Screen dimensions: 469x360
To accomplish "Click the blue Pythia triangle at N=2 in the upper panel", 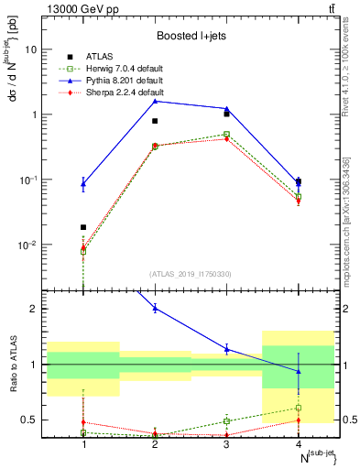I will click(155, 101).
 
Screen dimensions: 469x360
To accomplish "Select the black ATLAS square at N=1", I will click(83, 227).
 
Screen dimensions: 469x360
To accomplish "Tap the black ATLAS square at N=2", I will click(155, 121).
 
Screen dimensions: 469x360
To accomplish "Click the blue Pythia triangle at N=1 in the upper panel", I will click(83, 184).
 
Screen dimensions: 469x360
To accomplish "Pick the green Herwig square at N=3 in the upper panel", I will click(226, 134).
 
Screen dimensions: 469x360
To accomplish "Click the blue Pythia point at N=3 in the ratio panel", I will click(226, 349).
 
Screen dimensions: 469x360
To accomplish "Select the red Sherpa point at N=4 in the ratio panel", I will click(298, 420).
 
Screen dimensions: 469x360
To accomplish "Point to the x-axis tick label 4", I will click(298, 444).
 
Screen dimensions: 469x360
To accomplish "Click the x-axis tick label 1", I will click(83, 444).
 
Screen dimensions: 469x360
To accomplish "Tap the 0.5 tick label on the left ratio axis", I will click(37, 420).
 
